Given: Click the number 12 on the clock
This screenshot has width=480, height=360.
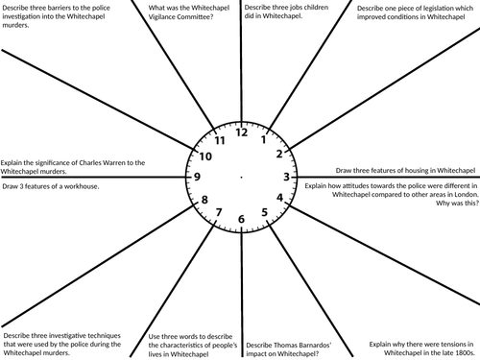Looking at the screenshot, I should pos(242,132).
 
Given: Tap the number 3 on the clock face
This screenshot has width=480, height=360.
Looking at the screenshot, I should pos(286,177).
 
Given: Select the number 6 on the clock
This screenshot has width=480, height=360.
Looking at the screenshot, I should pos(242,221).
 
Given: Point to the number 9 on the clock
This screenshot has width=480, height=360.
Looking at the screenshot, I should pos(197,177).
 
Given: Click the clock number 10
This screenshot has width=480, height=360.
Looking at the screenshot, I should pos(204,156).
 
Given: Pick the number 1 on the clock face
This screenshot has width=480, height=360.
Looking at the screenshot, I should pos(264,138).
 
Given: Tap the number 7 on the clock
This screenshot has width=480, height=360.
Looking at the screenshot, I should pos(220,212).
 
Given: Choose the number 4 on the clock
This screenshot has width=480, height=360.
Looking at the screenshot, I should pos(279,199).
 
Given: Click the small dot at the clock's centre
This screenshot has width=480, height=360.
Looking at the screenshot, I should pos(242,178).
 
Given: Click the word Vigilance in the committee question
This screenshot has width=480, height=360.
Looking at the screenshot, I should pos(170,17).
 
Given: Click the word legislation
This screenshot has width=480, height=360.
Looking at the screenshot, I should pos(437,7).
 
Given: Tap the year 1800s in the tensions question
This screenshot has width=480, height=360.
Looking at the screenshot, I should pos(464,351).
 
